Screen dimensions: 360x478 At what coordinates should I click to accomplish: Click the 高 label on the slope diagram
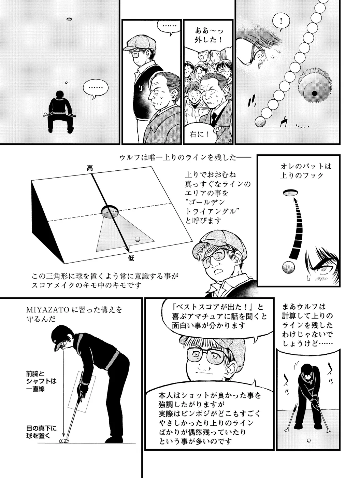tap(90, 168)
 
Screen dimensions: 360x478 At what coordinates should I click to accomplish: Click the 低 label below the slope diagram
tap(131, 258)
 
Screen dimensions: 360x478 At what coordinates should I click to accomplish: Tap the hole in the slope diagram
tap(110, 211)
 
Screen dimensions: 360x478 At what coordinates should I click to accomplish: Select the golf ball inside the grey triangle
tap(138, 239)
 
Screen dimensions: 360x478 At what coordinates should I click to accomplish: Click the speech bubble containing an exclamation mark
tap(281, 22)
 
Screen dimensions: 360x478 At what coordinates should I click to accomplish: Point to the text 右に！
tap(199, 135)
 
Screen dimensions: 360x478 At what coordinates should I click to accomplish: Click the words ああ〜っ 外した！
tap(208, 35)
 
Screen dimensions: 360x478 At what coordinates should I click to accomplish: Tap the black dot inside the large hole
tap(314, 94)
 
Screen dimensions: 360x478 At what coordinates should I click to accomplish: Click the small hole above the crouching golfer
tap(70, 19)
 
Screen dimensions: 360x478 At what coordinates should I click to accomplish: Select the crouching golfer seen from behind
tap(60, 112)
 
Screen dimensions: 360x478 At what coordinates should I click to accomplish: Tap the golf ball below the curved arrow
tap(288, 267)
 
